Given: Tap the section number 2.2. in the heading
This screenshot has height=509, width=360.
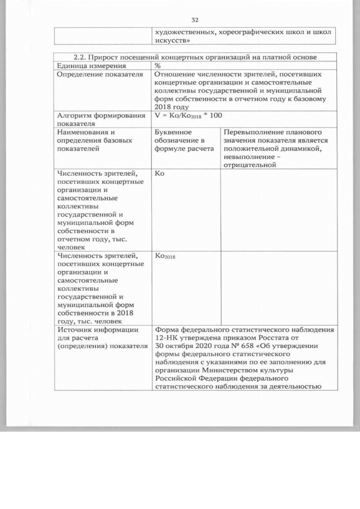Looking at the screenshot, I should [x=83, y=57].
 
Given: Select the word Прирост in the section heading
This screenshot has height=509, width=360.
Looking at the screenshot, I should [x=109, y=57].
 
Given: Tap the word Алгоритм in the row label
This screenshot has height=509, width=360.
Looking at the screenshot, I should [x=74, y=115].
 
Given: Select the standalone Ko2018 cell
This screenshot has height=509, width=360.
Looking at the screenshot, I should [x=165, y=256].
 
